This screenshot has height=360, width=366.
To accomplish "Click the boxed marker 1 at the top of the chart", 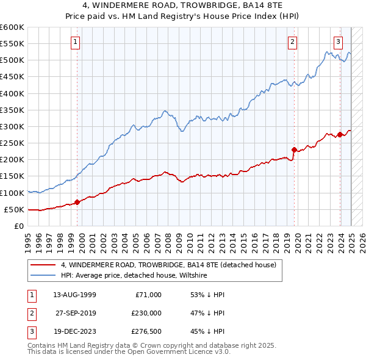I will click(75, 42).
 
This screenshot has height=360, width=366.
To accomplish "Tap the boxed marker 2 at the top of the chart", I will click(293, 42).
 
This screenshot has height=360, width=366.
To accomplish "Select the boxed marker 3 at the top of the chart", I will click(338, 42).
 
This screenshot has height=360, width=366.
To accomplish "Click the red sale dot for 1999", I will click(77, 202).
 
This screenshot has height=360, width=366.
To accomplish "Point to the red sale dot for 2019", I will click(294, 149).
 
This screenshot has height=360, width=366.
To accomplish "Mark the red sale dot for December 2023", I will click(340, 134).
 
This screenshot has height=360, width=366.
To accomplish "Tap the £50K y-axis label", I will click(14, 209).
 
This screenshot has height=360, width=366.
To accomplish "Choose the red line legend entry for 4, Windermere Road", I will click(168, 265).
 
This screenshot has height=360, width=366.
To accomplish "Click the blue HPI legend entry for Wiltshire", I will click(134, 276).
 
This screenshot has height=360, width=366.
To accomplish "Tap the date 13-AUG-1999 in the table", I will click(75, 295).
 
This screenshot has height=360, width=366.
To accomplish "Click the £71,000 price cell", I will click(148, 295).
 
